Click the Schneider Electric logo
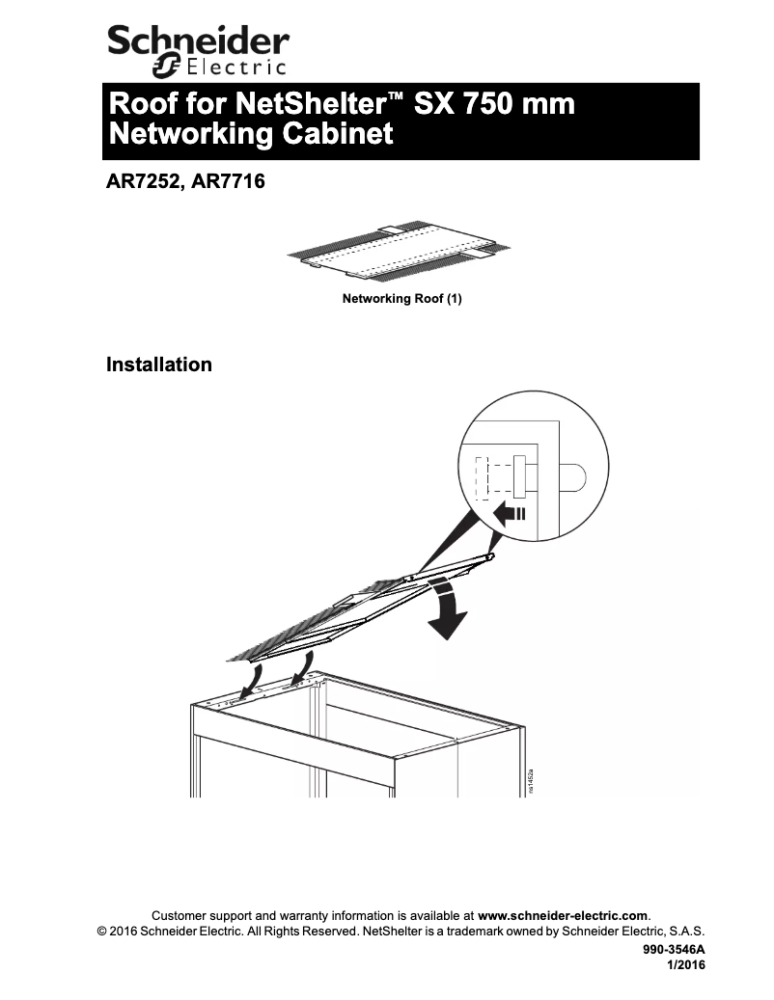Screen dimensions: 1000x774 (x=198, y=50)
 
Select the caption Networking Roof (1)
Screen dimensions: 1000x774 (x=402, y=299)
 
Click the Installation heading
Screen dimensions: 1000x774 (x=159, y=365)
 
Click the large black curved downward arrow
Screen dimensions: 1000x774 (x=450, y=609)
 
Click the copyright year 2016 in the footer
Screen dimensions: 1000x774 (x=123, y=932)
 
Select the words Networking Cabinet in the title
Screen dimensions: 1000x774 (x=252, y=134)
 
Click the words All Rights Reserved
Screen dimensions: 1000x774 (x=303, y=932)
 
